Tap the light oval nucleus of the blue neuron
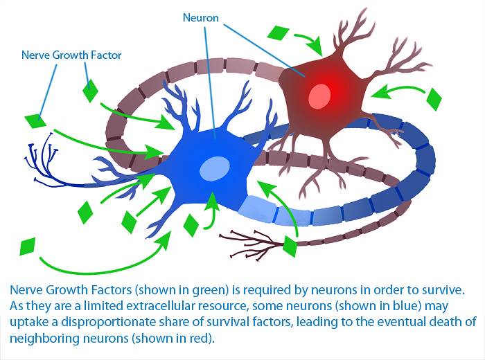[215, 167]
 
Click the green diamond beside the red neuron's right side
[434, 99]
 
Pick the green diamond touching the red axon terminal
[290, 245]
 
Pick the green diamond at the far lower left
[27, 246]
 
